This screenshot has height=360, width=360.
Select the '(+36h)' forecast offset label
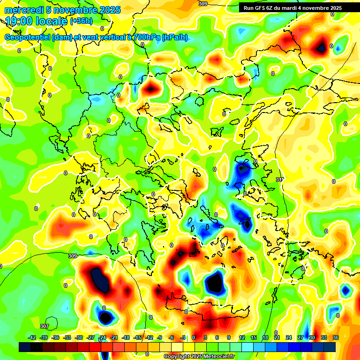[x=81, y=21]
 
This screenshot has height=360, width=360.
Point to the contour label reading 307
[x=44, y=326]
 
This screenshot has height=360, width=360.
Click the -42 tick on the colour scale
[x=32, y=337]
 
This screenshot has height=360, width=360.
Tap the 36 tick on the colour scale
[x=336, y=337]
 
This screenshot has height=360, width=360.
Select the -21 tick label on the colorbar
[x=114, y=337]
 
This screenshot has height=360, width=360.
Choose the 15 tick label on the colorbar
[x=254, y=337]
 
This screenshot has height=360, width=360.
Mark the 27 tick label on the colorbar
[x=300, y=337]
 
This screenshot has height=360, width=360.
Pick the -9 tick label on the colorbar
[x=160, y=337]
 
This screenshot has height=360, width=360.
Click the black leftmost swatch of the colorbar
[x=25, y=347]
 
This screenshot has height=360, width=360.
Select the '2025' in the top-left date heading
[x=109, y=10]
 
